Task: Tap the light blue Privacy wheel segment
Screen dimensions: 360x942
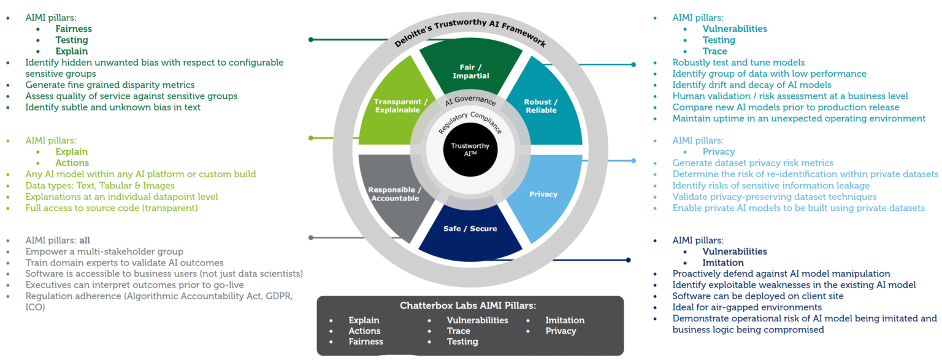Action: [x=543, y=194]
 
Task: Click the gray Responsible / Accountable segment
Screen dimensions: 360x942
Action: [x=394, y=194]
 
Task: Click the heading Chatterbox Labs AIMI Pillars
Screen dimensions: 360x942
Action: [x=470, y=305]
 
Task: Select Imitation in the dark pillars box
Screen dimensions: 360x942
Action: [x=565, y=320]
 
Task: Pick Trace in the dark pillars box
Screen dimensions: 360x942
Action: [x=458, y=331]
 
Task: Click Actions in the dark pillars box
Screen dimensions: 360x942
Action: [x=364, y=331]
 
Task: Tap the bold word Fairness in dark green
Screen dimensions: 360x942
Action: [x=74, y=29]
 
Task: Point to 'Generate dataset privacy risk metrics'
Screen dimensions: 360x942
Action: [x=752, y=163]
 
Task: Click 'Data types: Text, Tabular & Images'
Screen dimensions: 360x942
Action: [x=100, y=185]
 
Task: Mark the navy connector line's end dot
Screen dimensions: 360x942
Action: [x=629, y=261]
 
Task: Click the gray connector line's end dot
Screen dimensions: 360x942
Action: [x=312, y=237]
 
